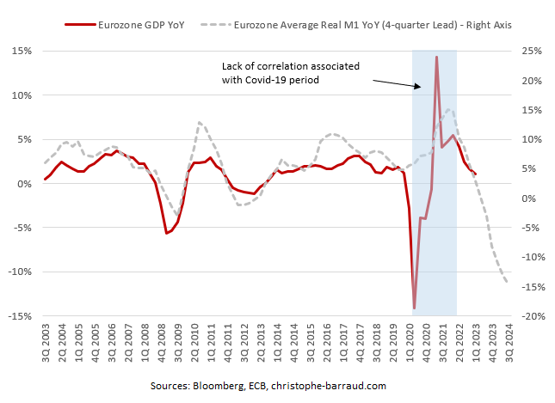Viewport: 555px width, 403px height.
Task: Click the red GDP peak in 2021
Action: coord(437,57)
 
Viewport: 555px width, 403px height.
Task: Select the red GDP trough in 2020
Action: coord(414,308)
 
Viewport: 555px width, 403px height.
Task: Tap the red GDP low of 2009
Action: coord(167,233)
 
